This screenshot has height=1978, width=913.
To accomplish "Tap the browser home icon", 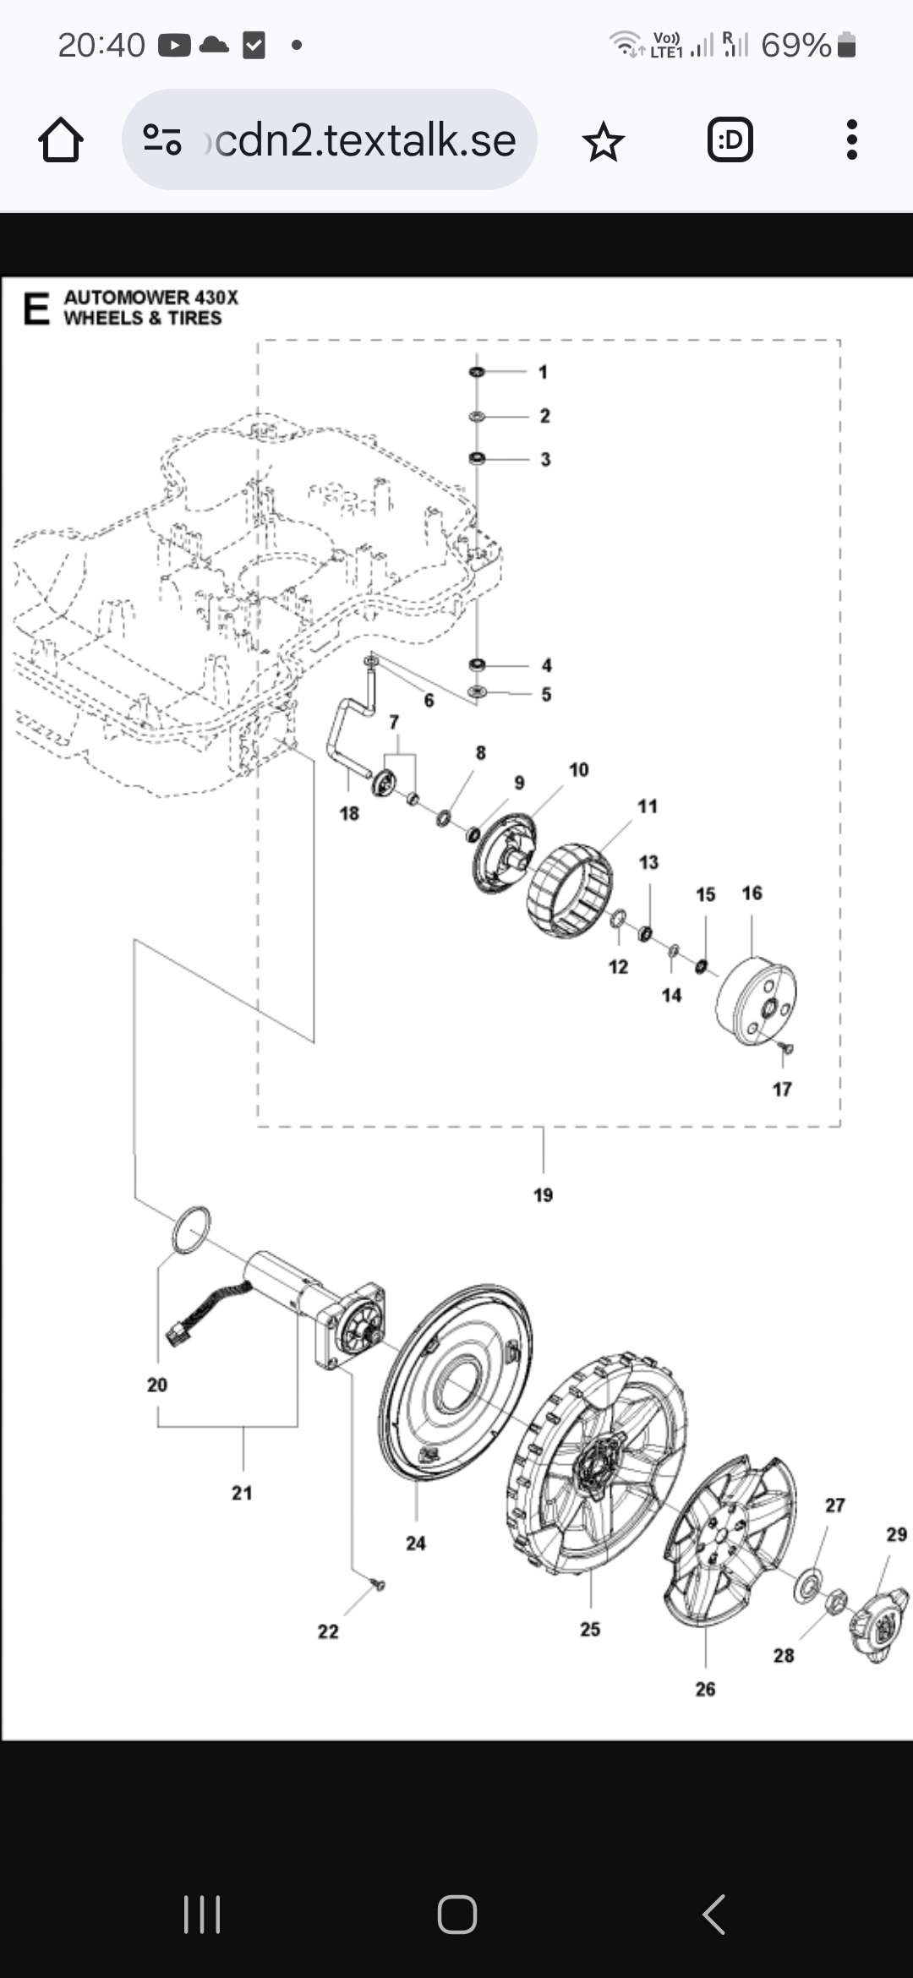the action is point(61,139).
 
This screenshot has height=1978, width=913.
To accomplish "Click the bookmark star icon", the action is point(603,141).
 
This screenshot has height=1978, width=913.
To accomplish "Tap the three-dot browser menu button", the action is point(851,139).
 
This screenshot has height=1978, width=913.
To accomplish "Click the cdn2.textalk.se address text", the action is point(365,140).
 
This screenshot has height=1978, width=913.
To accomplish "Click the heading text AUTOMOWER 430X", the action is point(150,298).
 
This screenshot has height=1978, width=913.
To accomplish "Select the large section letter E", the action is point(36,309).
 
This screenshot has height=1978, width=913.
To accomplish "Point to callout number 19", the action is point(543,1195).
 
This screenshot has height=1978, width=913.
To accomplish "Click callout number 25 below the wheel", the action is point(590,1629).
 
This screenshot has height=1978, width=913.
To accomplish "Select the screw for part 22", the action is point(378,1584).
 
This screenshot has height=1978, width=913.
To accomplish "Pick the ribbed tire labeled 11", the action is point(569,890).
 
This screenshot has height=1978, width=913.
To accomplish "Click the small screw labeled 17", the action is point(786,1048).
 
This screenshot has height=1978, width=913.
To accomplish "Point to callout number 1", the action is point(543,372).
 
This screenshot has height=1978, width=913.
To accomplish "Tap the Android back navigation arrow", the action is point(714,1915).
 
